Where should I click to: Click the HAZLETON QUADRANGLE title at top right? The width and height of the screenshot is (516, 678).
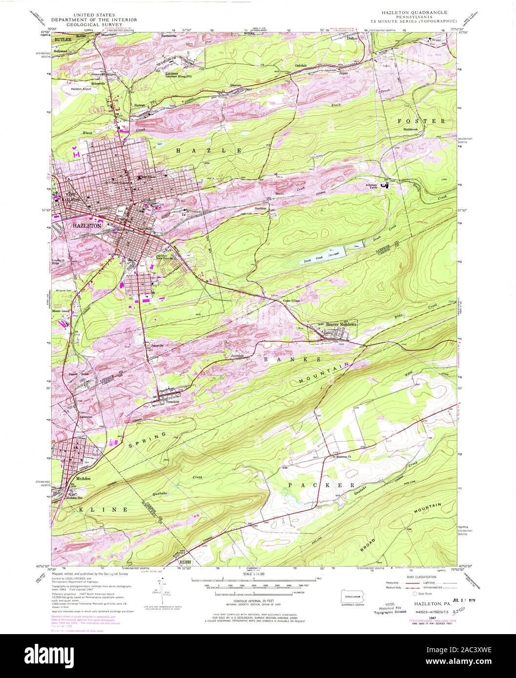[x=419, y=11]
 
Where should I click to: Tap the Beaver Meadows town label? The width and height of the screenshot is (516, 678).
[x=342, y=324]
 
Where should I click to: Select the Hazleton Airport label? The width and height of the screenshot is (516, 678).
[x=81, y=89]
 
